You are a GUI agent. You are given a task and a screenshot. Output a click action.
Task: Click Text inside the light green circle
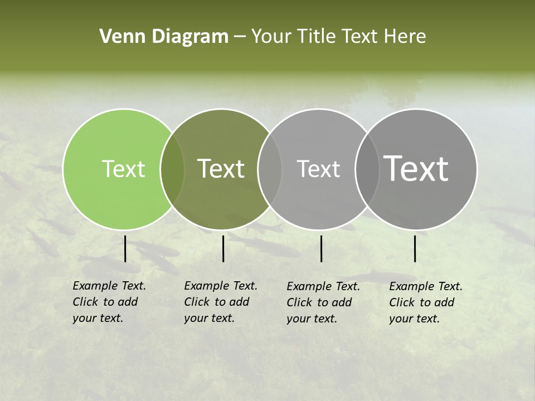(x=123, y=169)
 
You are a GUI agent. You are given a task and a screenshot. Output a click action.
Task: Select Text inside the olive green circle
(x=221, y=169)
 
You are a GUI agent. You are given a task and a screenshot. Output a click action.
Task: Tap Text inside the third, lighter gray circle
(x=318, y=169)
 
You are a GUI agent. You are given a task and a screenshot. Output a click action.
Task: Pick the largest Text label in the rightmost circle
(x=416, y=169)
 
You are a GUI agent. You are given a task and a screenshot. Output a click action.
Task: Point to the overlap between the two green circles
(x=172, y=169)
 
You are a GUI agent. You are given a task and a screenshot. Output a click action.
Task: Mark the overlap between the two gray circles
(x=367, y=169)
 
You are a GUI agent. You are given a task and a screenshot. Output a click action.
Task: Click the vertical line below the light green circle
(x=125, y=248)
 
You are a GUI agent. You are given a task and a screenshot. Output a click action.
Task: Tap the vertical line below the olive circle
(x=223, y=248)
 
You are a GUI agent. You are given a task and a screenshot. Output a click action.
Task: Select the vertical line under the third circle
(x=321, y=248)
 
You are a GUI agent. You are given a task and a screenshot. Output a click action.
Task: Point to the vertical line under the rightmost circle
(x=415, y=248)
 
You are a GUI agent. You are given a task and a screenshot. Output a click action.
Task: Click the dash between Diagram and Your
(x=240, y=37)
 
